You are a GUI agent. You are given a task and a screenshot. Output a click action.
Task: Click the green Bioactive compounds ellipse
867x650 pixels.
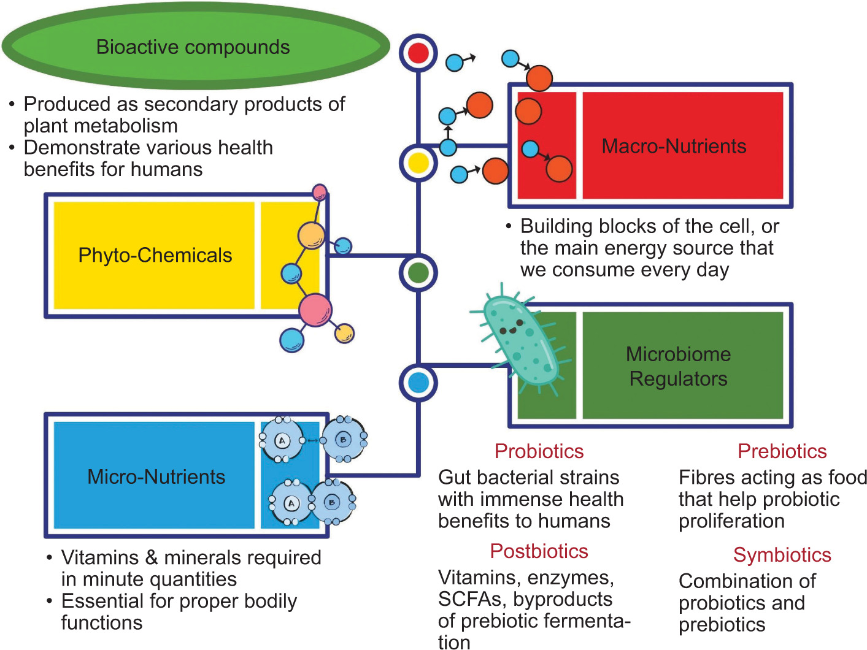tap(195, 47)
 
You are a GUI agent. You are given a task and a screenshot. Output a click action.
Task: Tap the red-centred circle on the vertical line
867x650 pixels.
tap(418, 53)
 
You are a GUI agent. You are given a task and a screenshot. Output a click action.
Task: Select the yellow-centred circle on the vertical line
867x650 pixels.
tap(418, 162)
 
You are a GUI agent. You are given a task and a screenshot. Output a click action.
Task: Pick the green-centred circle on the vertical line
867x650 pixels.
tap(418, 273)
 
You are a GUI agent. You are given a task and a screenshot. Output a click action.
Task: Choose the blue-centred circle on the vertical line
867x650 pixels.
tap(418, 383)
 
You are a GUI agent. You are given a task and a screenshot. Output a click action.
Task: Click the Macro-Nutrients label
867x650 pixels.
tap(674, 146)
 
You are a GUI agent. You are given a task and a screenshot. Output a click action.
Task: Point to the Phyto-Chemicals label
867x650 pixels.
tap(155, 255)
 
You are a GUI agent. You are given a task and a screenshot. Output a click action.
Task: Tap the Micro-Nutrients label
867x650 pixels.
tap(156, 476)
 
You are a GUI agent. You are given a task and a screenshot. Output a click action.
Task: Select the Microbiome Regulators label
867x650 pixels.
tap(678, 366)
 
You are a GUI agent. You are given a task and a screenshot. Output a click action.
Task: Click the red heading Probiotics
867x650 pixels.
tap(539, 451)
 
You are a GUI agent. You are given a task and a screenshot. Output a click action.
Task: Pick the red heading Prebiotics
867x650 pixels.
tap(782, 451)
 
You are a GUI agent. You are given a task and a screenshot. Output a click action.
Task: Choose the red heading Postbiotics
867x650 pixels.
tap(539, 551)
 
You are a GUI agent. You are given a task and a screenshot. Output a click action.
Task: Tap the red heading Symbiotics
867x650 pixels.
tap(782, 555)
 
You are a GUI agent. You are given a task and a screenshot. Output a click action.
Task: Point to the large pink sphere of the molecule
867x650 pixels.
tap(315, 310)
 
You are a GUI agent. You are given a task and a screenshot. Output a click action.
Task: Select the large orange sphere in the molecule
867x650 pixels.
tap(312, 236)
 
